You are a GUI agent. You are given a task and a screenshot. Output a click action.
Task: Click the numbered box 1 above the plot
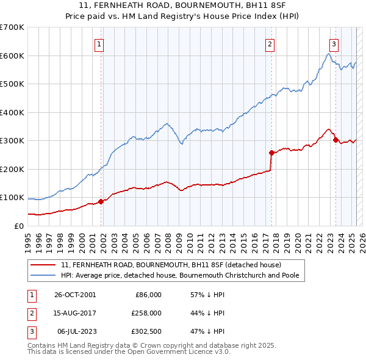99,43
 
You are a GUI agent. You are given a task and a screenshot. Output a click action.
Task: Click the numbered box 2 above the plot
270,43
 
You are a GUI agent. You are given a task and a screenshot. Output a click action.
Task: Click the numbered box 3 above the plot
334,43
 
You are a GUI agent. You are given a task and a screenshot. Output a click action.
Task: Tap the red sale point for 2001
101,201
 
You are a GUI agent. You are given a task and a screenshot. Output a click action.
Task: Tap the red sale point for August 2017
271,153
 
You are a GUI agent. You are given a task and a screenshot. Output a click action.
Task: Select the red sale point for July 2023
335,140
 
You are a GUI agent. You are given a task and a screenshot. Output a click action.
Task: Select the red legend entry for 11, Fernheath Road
171,265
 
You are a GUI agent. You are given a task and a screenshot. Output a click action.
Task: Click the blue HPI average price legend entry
183,276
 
